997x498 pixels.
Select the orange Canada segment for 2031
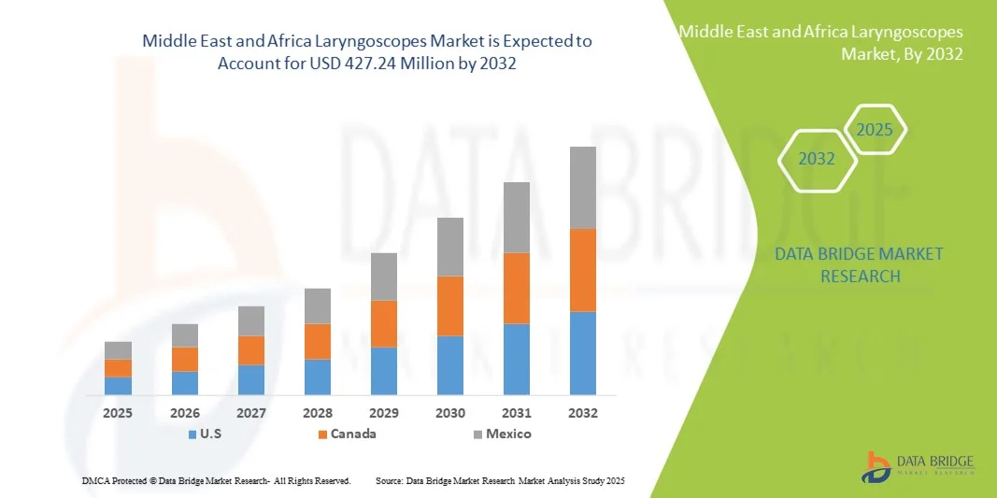coord(517,288)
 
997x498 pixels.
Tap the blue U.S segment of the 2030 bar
coord(450,365)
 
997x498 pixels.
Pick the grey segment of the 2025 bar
coord(118,350)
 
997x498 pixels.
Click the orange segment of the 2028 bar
coord(318,341)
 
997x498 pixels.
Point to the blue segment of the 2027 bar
coord(251,379)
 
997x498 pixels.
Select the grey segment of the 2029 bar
coord(384,277)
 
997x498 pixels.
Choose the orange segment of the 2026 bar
coord(185,359)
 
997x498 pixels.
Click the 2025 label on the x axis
coord(118,412)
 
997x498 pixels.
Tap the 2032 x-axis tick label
coord(583,412)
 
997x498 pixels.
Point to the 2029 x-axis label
coord(384,412)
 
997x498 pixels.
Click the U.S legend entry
coord(205,434)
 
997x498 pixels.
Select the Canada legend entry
coord(347,434)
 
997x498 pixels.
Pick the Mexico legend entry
coord(501,434)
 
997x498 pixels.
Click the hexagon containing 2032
coord(817,159)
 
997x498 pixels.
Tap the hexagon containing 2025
coord(875,130)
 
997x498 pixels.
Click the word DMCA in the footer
coord(95,480)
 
